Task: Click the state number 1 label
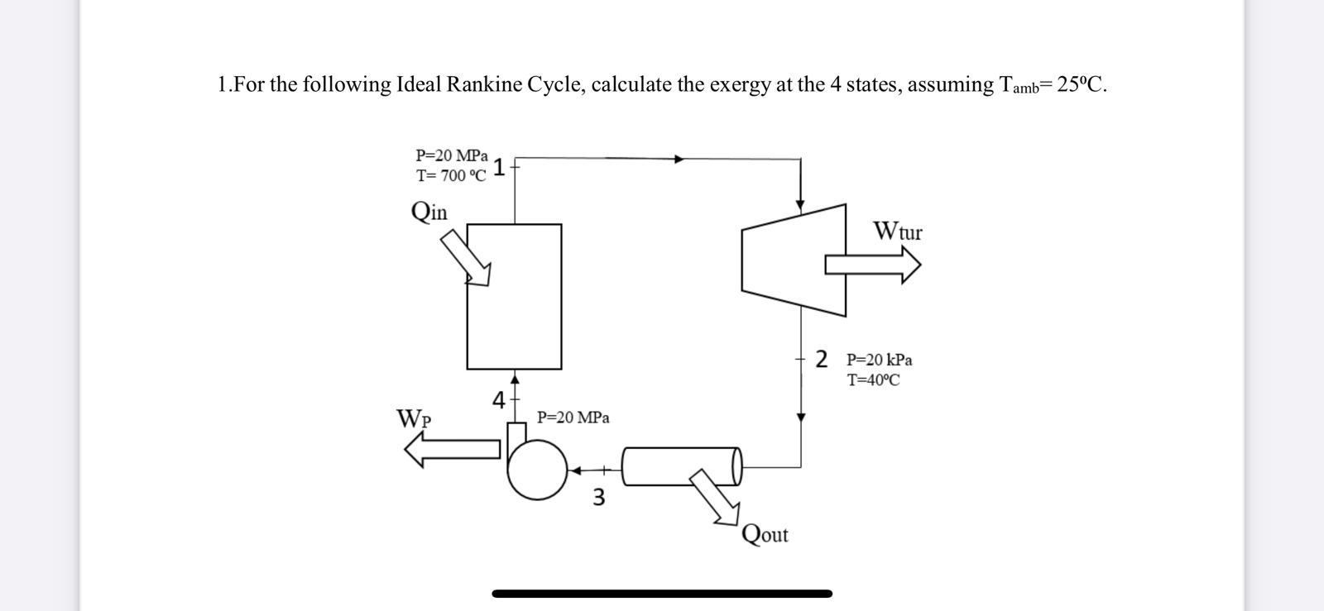click(499, 168)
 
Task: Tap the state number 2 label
click(821, 359)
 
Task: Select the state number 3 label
click(599, 497)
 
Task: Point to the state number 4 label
click(498, 400)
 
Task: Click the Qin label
click(429, 212)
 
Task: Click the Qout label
click(765, 534)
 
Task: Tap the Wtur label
click(897, 231)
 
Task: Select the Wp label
click(414, 418)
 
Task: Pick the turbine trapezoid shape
click(794, 260)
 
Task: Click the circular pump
click(537, 469)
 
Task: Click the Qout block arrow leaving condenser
click(715, 496)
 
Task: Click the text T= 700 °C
click(451, 176)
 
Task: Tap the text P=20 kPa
click(879, 360)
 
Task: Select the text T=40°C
click(873, 380)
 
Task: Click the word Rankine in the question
click(481, 84)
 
